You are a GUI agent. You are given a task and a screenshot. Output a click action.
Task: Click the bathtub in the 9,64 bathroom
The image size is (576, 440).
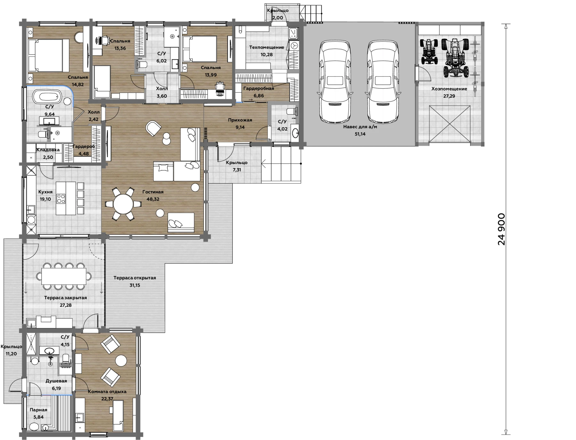pyautogui.click(x=47, y=96)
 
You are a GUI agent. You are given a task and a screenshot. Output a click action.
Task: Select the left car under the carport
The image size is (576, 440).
pyautogui.click(x=335, y=81)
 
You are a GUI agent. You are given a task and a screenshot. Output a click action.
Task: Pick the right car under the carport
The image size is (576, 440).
pyautogui.click(x=383, y=81)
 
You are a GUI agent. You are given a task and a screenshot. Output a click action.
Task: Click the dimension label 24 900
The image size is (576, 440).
pyautogui.click(x=501, y=229)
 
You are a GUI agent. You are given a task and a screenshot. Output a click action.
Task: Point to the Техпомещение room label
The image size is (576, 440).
pyautogui.click(x=267, y=47)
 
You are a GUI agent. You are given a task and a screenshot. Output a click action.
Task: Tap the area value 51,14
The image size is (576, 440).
pyautogui.click(x=360, y=134)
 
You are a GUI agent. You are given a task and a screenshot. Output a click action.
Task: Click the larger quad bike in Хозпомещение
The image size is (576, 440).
pyautogui.click(x=455, y=58)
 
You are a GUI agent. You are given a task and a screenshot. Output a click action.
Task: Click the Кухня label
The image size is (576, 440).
pyautogui.click(x=45, y=192)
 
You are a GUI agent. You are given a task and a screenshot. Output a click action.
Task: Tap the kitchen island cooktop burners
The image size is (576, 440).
pyautogui.click(x=61, y=199)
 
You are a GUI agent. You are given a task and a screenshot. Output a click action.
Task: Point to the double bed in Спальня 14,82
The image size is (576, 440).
pyautogui.click(x=48, y=55)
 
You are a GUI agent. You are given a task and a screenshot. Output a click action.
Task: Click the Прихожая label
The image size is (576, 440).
pyautogui.click(x=240, y=120)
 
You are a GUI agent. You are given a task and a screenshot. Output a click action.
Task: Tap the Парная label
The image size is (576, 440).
pyautogui.click(x=38, y=410)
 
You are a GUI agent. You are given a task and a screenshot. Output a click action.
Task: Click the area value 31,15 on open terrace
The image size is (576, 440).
pyautogui.click(x=135, y=285)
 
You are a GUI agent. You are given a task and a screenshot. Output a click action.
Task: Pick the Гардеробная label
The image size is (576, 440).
pyautogui.click(x=259, y=88)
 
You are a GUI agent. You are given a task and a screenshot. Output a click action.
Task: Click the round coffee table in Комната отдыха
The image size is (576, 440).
pyautogui.click(x=121, y=361)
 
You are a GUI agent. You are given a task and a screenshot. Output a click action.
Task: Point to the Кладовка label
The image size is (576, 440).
pyautogui.click(x=48, y=150)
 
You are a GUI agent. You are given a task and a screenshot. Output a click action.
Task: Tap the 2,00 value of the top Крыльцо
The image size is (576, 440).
pyautogui.click(x=278, y=18)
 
